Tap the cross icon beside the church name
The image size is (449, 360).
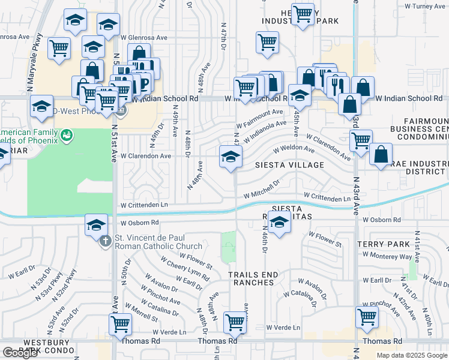tap(105, 242)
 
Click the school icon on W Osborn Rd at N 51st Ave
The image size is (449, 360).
tap(97, 225)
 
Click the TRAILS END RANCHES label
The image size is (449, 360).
tap(253, 278)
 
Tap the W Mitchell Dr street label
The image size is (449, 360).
tap(262, 191)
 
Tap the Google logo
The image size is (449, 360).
tap(20, 353)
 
